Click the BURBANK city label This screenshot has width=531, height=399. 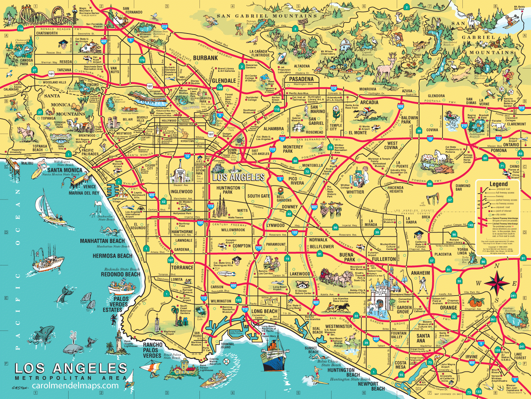click(205, 58)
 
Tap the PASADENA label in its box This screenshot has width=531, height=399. click(301, 79)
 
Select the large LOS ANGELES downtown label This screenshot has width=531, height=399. click(238, 177)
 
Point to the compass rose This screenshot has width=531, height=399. click(497, 283)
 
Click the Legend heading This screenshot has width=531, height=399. click(499, 184)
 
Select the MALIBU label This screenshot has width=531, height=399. click(27, 163)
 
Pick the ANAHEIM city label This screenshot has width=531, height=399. click(420, 273)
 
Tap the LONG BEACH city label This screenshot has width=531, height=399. click(264, 311)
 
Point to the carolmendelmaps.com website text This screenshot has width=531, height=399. click(75, 385)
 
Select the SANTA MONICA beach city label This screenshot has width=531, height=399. click(65, 170)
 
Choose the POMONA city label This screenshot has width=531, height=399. click(499, 151)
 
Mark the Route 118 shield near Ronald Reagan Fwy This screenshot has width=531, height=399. click(20, 28)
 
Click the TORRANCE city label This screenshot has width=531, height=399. click(182, 268)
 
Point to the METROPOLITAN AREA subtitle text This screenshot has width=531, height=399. click(68, 378)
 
